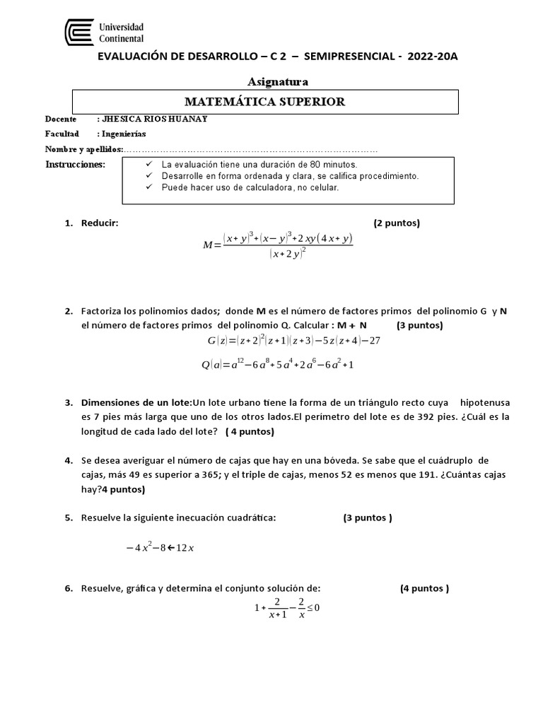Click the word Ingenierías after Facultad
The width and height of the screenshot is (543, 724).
point(124,133)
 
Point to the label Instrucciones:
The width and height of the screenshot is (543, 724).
point(75,165)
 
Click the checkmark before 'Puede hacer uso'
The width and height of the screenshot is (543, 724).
point(148,187)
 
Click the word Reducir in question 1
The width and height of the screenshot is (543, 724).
point(100,223)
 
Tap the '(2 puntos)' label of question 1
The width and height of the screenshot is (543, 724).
point(396,223)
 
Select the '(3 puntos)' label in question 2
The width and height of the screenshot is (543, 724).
point(419,325)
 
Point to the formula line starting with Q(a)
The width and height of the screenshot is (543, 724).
point(277,365)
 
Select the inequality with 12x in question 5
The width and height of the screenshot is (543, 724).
point(159,547)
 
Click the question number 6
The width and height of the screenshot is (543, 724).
point(69,588)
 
